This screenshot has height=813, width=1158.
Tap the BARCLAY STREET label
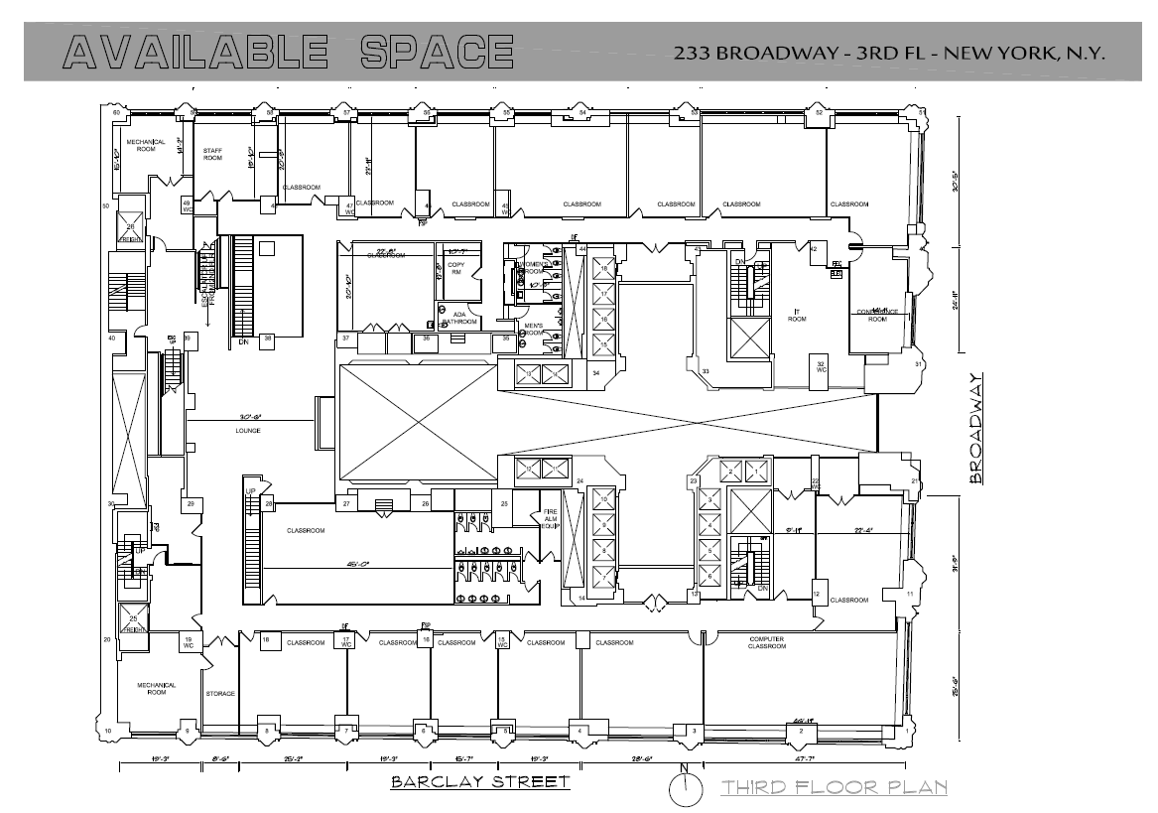(480, 781)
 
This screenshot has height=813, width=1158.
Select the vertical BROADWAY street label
(976, 427)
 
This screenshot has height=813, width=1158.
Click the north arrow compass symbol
(684, 788)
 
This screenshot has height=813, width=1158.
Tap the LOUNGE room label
(247, 430)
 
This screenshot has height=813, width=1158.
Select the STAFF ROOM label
(212, 154)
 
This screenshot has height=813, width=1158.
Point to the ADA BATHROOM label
(460, 318)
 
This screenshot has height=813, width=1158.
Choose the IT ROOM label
(796, 317)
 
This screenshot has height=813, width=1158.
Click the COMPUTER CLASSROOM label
(768, 643)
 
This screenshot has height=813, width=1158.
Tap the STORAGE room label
(219, 693)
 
